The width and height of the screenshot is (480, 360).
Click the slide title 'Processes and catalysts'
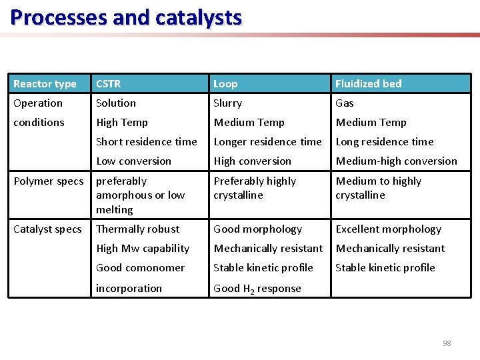click(x=126, y=17)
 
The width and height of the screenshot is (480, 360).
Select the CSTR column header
click(x=109, y=84)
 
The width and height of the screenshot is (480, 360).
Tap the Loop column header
click(x=225, y=84)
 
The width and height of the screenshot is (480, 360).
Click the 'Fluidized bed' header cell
click(x=368, y=84)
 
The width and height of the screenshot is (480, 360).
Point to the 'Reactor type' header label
click(x=45, y=84)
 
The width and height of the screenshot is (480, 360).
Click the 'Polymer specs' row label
click(x=49, y=181)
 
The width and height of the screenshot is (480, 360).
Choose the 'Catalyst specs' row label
click(x=47, y=229)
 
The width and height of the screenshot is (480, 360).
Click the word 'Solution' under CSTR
click(x=116, y=103)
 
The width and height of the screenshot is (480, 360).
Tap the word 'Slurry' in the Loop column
click(x=227, y=103)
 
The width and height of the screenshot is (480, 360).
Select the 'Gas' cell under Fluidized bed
click(x=345, y=103)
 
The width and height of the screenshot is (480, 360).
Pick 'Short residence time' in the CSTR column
click(x=147, y=142)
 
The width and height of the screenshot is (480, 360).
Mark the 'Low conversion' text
click(x=133, y=161)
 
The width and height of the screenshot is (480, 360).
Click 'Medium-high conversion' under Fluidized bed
click(x=397, y=161)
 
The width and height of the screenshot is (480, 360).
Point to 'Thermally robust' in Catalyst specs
click(x=137, y=229)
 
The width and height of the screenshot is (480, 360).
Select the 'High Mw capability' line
click(x=143, y=249)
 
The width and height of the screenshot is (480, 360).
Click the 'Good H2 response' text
click(x=257, y=289)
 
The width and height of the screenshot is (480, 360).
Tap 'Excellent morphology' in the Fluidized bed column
click(x=388, y=229)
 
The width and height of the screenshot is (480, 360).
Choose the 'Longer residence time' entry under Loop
click(x=267, y=142)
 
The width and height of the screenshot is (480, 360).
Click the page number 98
click(x=447, y=343)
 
